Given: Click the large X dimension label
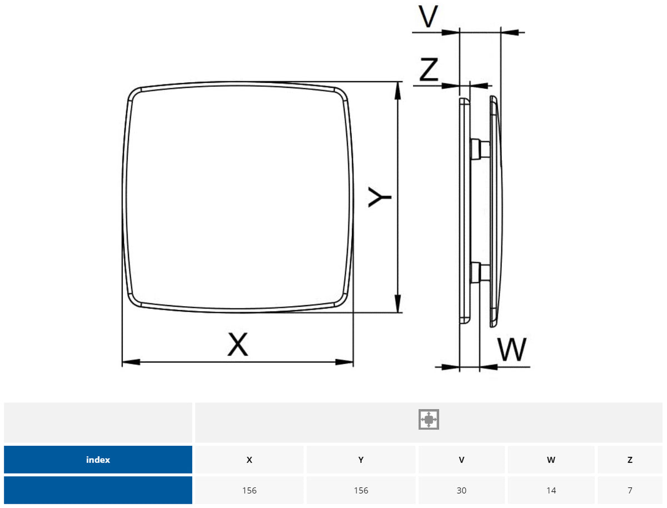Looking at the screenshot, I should (238, 344).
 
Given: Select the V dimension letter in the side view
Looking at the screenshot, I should (428, 17).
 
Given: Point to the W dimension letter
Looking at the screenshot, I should (512, 350).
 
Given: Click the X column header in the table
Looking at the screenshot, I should (249, 460).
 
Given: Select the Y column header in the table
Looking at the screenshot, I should (361, 460).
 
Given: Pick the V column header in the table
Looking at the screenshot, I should (461, 460).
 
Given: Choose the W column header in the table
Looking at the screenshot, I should (551, 460).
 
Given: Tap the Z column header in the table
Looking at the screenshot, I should (630, 460).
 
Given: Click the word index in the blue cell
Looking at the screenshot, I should (98, 460).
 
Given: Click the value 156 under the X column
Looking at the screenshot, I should (249, 490).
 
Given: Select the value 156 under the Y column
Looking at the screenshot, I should (361, 490).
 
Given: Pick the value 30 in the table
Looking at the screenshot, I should (461, 490).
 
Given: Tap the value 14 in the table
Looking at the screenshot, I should (551, 490).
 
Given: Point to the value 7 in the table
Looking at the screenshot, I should (630, 490).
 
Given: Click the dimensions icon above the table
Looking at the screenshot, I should (429, 420).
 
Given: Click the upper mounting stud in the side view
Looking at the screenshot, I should (479, 148).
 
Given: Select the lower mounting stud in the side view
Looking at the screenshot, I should (479, 272).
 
